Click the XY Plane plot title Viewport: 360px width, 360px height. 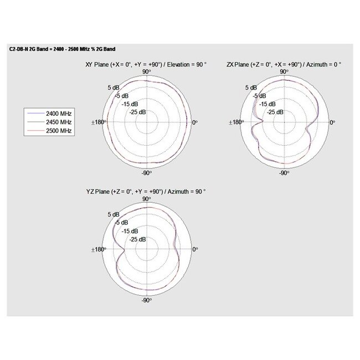[146, 65]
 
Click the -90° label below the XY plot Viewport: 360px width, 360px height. [146, 173]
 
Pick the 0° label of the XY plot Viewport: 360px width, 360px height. [194, 122]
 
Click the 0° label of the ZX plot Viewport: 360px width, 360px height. [331, 122]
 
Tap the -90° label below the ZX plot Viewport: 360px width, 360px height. [283, 173]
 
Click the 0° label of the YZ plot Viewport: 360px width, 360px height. [194, 249]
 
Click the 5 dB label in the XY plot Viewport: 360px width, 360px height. [114, 88]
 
